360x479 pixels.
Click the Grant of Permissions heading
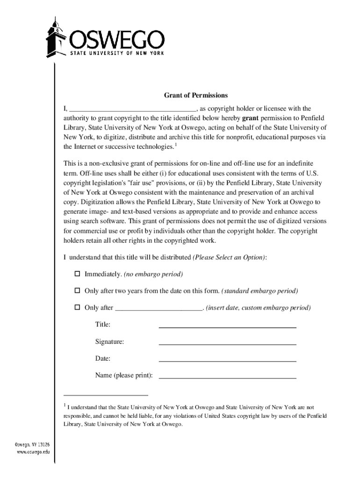[195, 95]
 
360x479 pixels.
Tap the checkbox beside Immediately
[77, 274]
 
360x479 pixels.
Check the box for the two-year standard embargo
[77, 291]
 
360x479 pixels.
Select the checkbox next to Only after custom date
[77, 308]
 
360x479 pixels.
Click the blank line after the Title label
[227, 327]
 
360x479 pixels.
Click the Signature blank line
[227, 343]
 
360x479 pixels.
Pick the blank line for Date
[227, 360]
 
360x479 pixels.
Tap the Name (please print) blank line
[227, 377]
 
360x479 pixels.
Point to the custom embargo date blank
[158, 309]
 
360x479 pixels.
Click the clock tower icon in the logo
[56, 40]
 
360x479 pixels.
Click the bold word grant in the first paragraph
[251, 117]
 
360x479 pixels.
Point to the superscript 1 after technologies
[175, 144]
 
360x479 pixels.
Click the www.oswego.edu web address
[34, 452]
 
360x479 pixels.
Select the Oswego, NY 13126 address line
[33, 444]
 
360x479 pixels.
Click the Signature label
[109, 342]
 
